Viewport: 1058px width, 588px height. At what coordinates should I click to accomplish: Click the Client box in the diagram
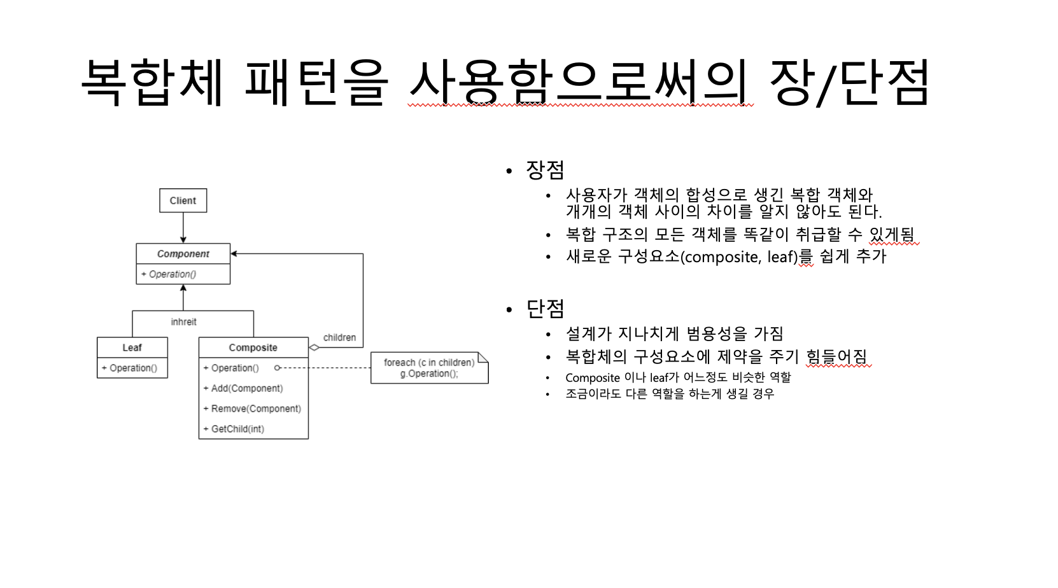point(183,200)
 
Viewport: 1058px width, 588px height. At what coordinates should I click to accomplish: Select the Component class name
point(183,254)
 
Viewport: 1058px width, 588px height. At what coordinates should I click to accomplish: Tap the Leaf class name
point(132,347)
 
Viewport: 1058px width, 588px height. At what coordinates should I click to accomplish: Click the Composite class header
point(253,347)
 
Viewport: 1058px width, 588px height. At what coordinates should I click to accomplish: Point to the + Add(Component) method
point(243,388)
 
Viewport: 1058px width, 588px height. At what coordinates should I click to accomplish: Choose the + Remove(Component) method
point(252,409)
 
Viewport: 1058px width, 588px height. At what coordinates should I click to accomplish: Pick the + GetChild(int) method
point(234,429)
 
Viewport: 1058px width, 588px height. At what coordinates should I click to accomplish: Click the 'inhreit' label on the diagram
point(183,322)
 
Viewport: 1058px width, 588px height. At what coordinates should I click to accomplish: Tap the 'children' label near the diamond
point(339,337)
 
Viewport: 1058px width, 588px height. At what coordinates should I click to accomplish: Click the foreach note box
point(429,368)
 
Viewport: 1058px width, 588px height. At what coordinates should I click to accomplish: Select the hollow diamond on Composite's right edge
point(314,347)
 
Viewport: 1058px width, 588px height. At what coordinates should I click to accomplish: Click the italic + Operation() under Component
point(169,274)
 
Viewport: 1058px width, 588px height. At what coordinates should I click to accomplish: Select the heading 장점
point(545,170)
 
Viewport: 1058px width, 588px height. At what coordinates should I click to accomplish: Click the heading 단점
point(545,309)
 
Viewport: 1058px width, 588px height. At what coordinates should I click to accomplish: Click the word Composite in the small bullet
point(592,378)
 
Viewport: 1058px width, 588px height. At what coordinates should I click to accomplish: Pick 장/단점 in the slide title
point(849,83)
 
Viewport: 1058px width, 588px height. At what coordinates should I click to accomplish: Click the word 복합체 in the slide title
point(153,83)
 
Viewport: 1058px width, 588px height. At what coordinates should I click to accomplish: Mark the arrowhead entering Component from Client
point(183,240)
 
